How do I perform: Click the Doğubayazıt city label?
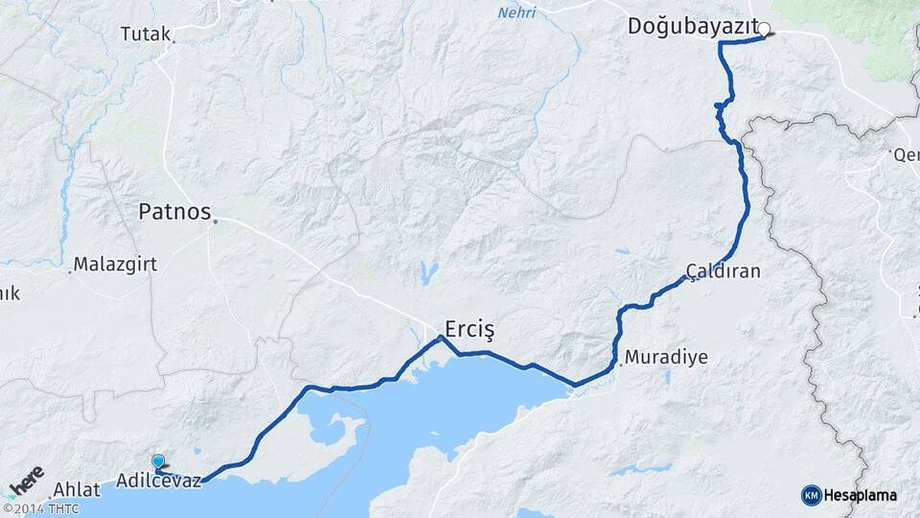[x=693, y=27]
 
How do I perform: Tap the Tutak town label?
[x=145, y=35]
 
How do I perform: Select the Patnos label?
[x=173, y=211]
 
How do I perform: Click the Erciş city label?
[x=469, y=330]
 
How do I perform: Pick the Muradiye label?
[x=666, y=358]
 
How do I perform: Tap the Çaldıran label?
[x=724, y=271]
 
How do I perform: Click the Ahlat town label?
[x=77, y=489]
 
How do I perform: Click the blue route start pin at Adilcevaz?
[x=158, y=461]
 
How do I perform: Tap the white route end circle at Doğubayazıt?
[x=764, y=29]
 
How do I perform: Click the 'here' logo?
[x=26, y=480]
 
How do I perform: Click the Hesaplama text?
[x=860, y=495]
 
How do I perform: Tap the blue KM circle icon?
[x=811, y=495]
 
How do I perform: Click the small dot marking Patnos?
[x=215, y=222]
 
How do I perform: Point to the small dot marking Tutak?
[x=173, y=41]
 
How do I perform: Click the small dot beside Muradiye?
[x=622, y=363]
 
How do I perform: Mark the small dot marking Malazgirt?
[x=70, y=271]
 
